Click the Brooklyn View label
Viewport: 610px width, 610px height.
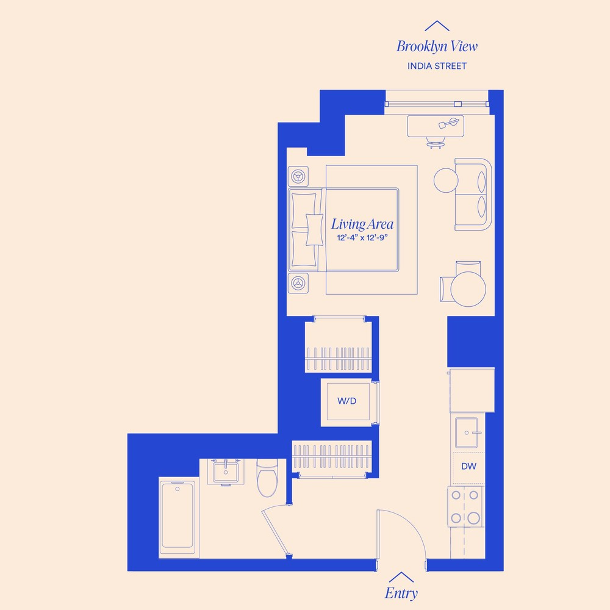pos(437,46)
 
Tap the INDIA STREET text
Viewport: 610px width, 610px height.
pos(437,66)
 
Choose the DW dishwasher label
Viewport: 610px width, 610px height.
pos(468,467)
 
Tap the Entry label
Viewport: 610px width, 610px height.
pos(401,593)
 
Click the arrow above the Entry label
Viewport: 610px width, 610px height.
pos(401,576)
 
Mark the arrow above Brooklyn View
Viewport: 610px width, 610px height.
pos(437,26)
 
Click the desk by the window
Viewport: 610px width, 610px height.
pos(435,126)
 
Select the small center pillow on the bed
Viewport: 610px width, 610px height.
pos(314,230)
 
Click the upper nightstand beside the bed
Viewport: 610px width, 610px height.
pos(298,176)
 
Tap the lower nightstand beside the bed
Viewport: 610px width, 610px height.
pos(298,283)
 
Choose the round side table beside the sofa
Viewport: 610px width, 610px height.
pos(445,180)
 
